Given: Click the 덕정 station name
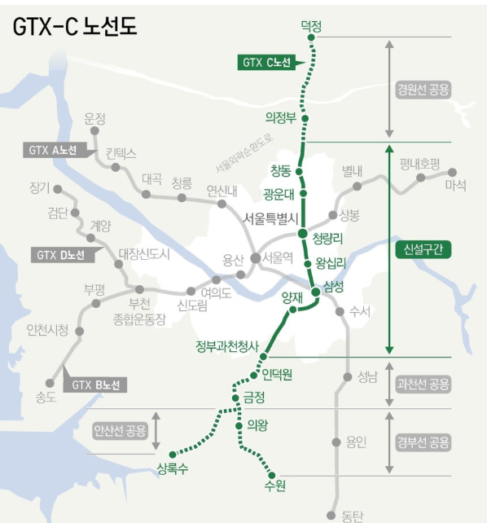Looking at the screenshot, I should pyautogui.click(x=311, y=26).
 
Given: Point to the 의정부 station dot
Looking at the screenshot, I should pyautogui.click(x=305, y=118).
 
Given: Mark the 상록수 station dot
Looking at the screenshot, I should pyautogui.click(x=173, y=454).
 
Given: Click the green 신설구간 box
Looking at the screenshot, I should pyautogui.click(x=423, y=250).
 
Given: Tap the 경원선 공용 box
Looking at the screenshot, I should pyautogui.click(x=423, y=90).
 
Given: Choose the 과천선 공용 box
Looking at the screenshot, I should pyautogui.click(x=423, y=383).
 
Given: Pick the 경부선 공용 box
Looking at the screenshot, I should pyautogui.click(x=423, y=443).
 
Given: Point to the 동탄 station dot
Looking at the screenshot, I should pyautogui.click(x=331, y=515).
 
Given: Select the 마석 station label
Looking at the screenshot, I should pyautogui.click(x=455, y=186).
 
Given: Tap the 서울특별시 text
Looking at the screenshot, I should pyautogui.click(x=272, y=218).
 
